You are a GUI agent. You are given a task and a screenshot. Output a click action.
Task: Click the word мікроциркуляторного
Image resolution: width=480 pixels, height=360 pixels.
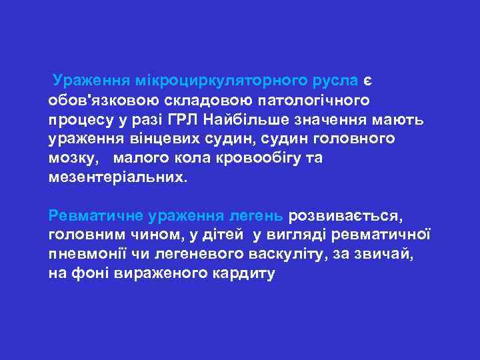pyautogui.click(x=217, y=81)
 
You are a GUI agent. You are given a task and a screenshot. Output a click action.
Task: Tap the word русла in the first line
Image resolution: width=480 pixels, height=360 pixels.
pyautogui.click(x=338, y=81)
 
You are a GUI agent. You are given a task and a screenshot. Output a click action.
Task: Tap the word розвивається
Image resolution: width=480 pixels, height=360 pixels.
pyautogui.click(x=345, y=217)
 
